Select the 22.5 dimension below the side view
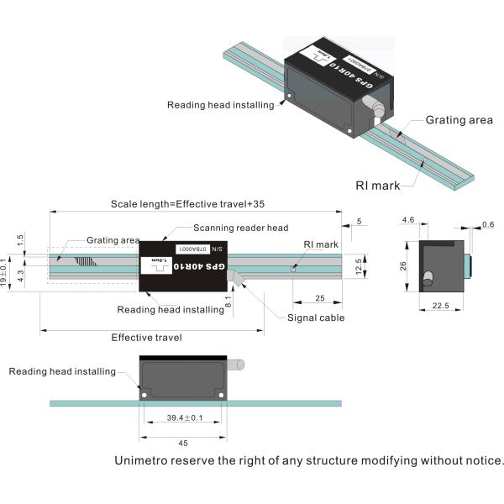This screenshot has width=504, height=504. click(439, 306)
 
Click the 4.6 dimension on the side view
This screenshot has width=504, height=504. click(408, 220)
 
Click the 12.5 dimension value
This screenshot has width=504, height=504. click(360, 265)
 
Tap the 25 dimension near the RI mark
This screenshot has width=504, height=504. click(318, 299)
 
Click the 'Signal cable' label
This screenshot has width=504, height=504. click(315, 318)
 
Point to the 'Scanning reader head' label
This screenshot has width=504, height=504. click(240, 228)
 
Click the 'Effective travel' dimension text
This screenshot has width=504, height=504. click(149, 337)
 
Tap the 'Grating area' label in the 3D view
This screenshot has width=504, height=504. click(459, 120)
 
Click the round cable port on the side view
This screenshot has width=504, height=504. click(428, 276)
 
